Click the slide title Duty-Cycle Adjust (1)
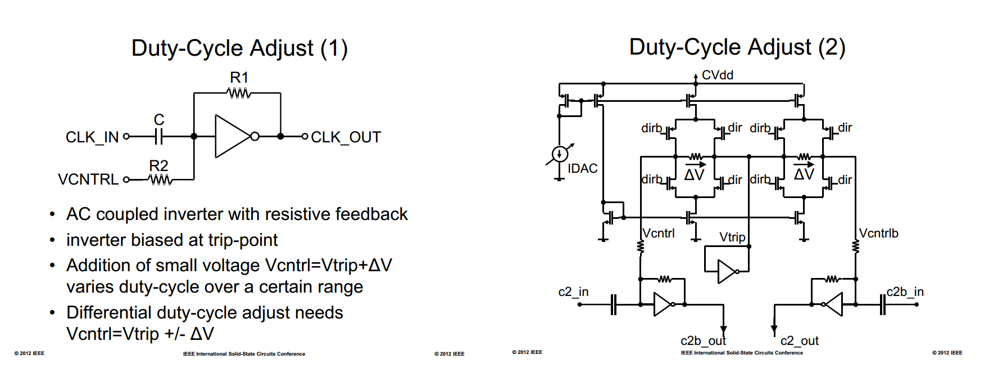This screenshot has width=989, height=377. click(239, 48)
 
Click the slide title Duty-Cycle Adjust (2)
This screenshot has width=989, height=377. click(737, 47)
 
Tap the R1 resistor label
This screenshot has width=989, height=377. click(239, 78)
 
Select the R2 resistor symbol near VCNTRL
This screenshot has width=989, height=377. click(160, 179)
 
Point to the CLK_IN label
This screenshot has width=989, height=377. click(92, 137)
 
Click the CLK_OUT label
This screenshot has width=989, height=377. click(346, 137)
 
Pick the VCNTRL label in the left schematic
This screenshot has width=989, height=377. click(88, 179)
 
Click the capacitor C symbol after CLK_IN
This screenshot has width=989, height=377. click(159, 136)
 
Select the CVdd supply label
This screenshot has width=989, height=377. click(717, 75)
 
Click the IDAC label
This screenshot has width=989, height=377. click(582, 168)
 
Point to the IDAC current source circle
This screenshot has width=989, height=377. click(560, 154)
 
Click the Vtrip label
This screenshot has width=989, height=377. click(732, 237)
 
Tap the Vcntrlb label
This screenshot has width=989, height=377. click(878, 233)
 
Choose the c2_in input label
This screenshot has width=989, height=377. click(573, 292)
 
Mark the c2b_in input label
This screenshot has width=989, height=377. click(905, 292)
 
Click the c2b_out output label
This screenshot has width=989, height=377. click(703, 341)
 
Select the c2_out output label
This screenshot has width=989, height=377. click(799, 341)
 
